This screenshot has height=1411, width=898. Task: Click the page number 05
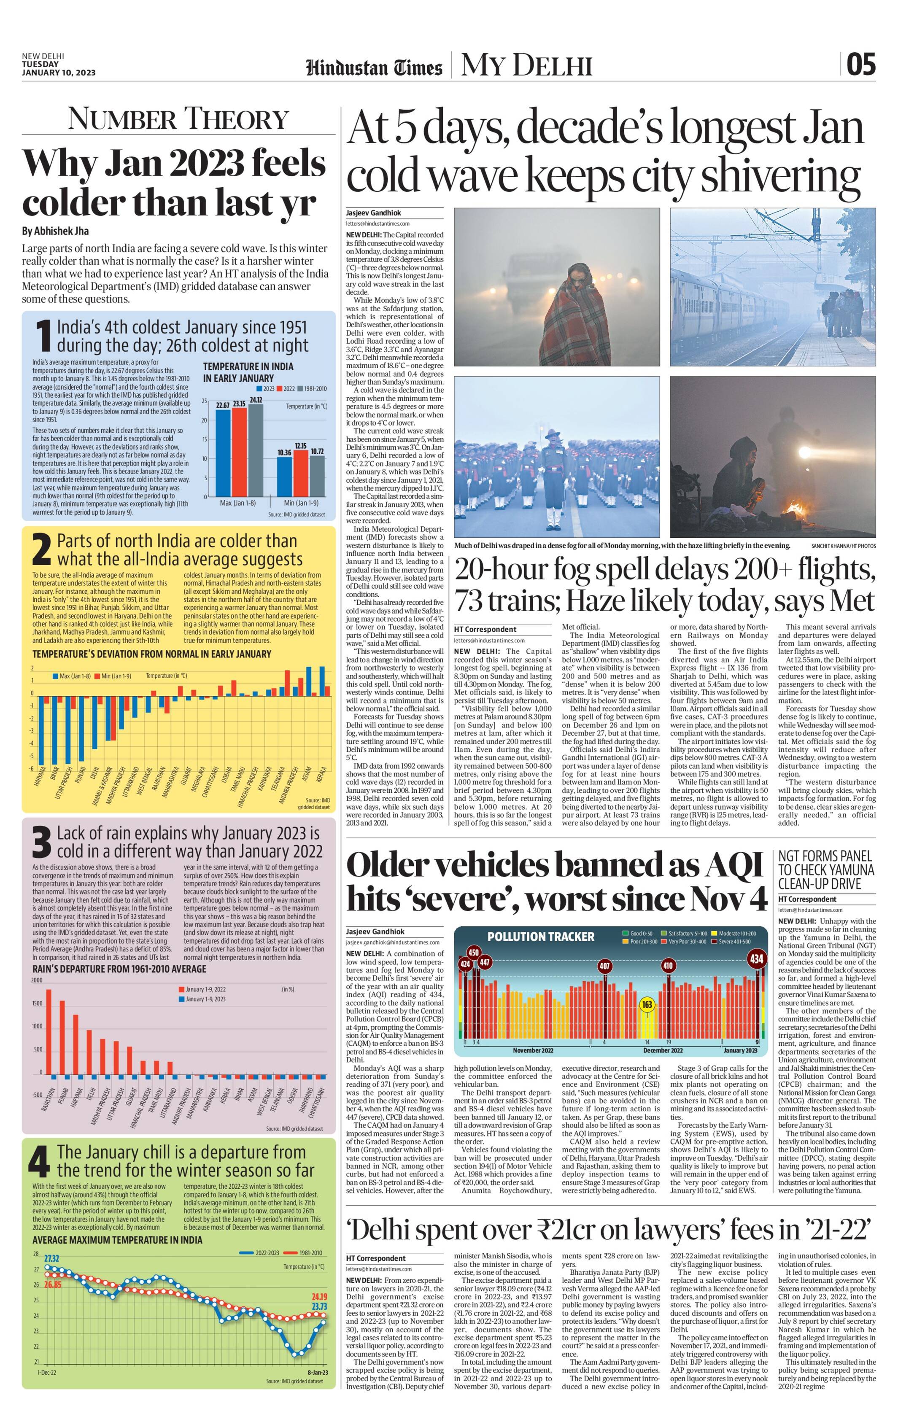tap(860, 65)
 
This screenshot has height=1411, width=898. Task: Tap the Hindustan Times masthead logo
tap(374, 67)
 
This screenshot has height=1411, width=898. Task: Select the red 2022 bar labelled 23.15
tap(239, 451)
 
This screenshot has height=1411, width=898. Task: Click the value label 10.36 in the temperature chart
tap(284, 452)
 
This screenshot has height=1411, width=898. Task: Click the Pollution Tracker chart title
tap(540, 936)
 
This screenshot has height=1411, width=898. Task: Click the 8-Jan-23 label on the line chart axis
tap(317, 1372)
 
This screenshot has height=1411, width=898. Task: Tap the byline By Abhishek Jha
tap(56, 231)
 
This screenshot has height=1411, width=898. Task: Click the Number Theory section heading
tap(178, 119)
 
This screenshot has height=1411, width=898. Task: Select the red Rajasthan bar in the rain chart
tap(49, 1031)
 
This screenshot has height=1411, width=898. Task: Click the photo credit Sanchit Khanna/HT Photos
tap(844, 546)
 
